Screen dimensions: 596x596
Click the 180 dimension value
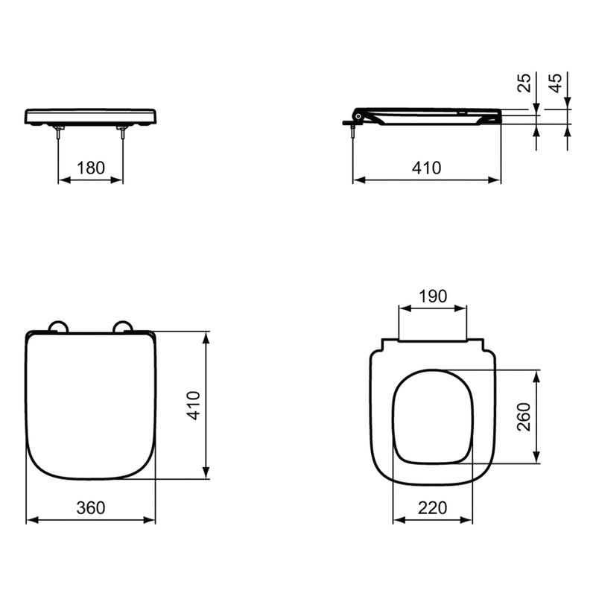coord(91,168)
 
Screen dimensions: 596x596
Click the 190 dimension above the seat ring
coord(433,296)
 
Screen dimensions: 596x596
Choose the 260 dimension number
coord(524,416)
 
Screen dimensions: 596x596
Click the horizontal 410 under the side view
coord(427,168)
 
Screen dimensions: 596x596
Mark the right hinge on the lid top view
coord(123,326)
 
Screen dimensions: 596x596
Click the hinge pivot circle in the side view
coord(358,116)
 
